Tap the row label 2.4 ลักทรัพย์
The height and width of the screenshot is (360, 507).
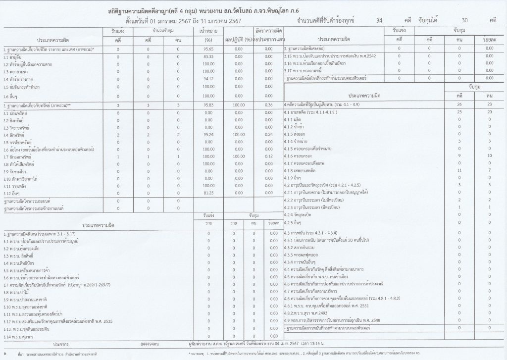tap(13, 135)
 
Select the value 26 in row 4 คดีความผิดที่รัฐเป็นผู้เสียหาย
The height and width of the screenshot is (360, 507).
tap(459, 105)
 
